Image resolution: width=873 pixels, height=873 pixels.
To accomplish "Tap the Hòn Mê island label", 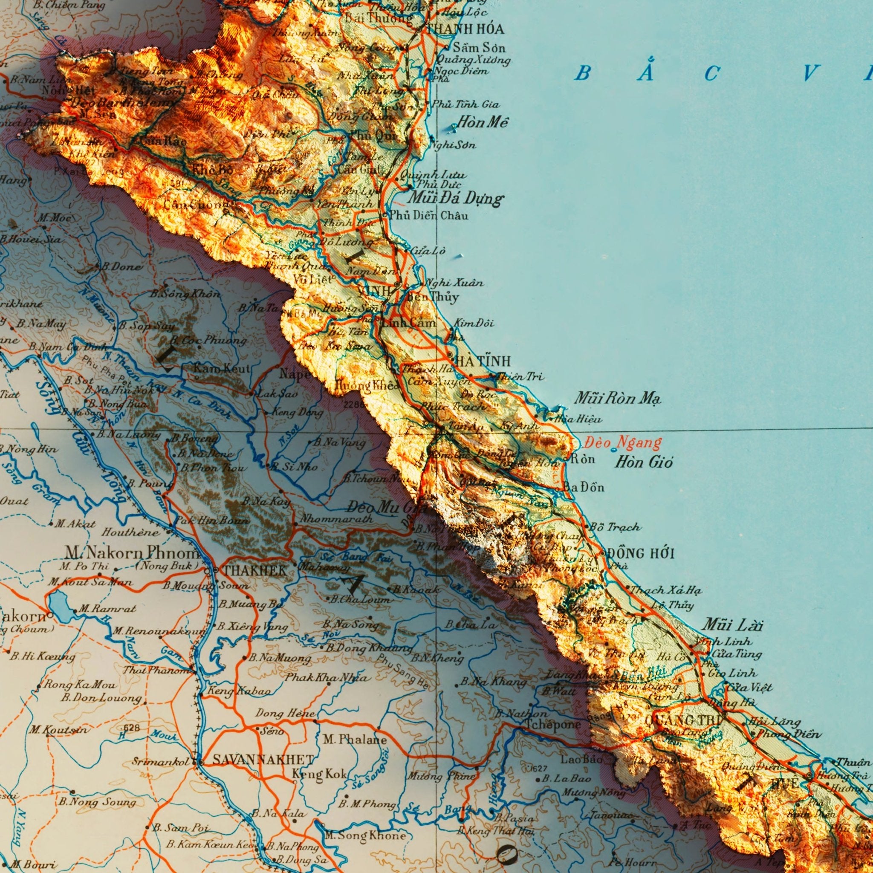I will pos(482,122).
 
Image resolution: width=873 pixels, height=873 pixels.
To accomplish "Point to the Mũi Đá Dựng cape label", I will pos(454,199).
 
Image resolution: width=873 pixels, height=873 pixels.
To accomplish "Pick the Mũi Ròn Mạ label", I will pos(617,399).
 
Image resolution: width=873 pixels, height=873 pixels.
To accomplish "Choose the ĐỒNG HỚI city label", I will pos(640,554).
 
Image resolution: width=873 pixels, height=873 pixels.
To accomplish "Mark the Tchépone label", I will pos(552,724).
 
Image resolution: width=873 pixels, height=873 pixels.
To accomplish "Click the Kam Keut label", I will pos(221,369).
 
